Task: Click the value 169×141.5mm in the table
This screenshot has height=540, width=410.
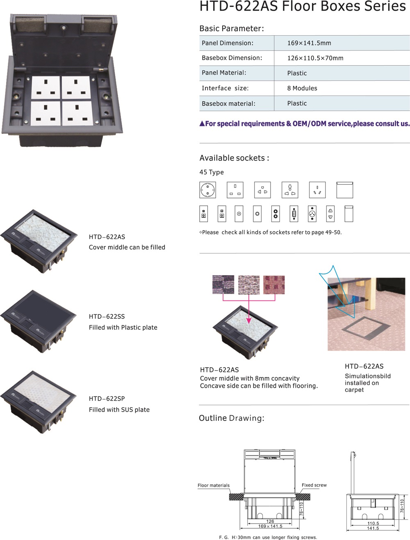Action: point(309,43)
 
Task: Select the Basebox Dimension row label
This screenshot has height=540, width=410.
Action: point(232,58)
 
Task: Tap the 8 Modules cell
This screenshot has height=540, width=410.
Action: point(302,88)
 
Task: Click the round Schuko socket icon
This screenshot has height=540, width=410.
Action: point(207,190)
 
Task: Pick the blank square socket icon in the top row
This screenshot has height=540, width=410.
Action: point(344,190)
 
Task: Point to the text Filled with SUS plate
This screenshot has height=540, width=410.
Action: point(119,410)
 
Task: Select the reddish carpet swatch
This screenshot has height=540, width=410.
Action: point(274,285)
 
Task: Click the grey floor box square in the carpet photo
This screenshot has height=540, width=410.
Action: point(366,329)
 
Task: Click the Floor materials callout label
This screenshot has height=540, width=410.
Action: point(214,485)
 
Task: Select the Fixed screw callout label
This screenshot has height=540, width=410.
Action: point(314,485)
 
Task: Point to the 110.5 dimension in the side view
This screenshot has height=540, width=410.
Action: point(373,523)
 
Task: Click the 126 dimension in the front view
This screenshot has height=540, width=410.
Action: point(270,521)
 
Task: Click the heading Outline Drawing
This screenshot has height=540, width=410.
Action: point(231,418)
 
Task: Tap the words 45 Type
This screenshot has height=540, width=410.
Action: point(212,172)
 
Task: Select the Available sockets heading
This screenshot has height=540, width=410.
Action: point(234,158)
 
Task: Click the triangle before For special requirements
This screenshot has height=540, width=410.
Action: point(202,124)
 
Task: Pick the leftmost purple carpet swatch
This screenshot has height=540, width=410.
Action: point(223,285)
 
